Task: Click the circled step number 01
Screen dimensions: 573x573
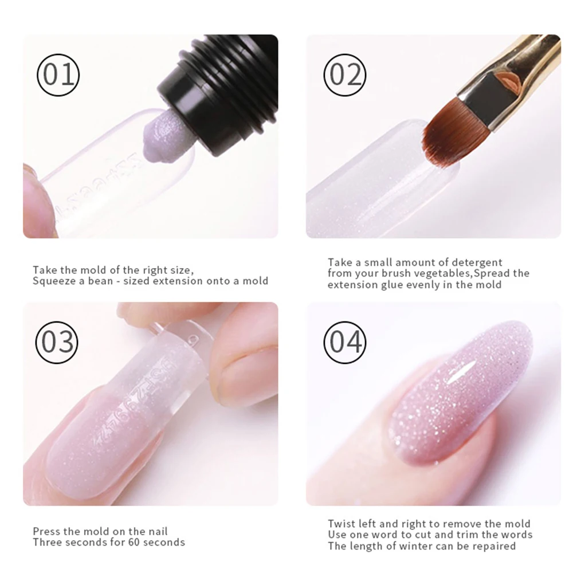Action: coord(58,75)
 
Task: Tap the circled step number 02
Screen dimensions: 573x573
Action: coord(345,75)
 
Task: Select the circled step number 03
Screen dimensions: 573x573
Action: coord(57,343)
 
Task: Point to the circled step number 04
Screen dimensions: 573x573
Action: coord(345,343)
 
